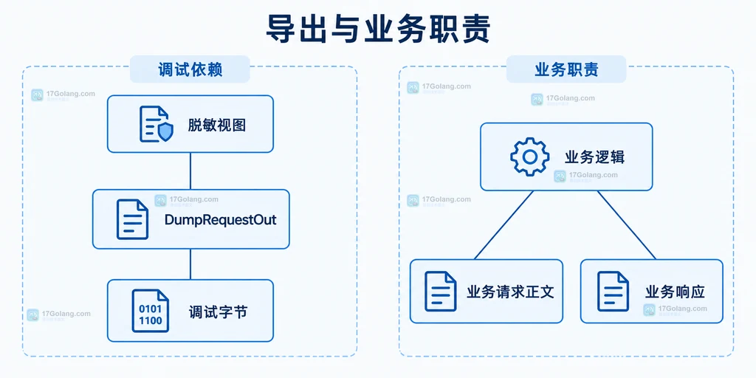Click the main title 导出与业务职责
[378, 30]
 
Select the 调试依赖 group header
[190, 70]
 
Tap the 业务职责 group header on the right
[566, 70]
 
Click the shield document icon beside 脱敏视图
[156, 124]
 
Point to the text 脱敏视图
[217, 125]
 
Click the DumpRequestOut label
[220, 220]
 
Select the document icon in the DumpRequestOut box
[132, 219]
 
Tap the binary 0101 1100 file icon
[151, 311]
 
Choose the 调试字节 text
[218, 312]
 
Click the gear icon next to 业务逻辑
[530, 157]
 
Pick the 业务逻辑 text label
[595, 157]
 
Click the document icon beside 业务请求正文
[441, 291]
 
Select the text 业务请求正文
[511, 292]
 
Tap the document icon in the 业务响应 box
[614, 291]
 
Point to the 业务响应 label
[675, 292]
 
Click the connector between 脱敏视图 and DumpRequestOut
[190, 171]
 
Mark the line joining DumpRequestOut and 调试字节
[190, 264]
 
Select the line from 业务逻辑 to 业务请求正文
[504, 225]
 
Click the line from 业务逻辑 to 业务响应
[627, 225]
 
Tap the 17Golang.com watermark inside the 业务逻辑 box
[585, 176]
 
